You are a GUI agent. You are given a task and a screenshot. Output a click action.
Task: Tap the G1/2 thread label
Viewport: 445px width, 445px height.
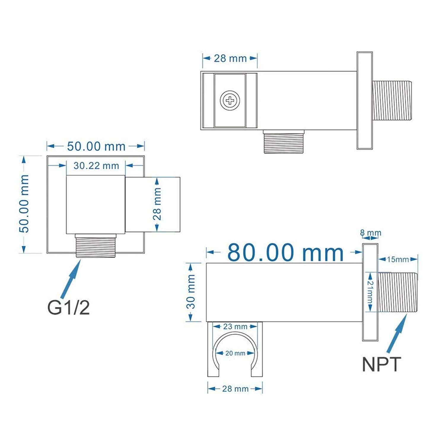coord(69,308)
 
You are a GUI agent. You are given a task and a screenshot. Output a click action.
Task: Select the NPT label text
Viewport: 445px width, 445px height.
coord(382,364)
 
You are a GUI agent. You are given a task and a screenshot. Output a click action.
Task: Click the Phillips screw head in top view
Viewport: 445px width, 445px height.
coord(230,101)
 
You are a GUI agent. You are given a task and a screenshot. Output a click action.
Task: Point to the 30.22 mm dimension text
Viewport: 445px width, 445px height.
coord(96,166)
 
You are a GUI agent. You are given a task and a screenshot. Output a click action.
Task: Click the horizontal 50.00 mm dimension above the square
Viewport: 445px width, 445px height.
coord(96,146)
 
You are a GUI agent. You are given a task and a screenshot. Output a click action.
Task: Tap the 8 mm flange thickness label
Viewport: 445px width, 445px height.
coord(371,233)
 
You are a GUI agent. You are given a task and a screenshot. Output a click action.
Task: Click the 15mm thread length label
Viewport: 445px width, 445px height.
coord(398,260)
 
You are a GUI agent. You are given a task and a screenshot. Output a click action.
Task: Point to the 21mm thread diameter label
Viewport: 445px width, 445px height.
coord(371,292)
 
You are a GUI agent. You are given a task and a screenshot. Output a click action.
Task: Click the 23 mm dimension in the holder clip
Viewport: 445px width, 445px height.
coord(235,327)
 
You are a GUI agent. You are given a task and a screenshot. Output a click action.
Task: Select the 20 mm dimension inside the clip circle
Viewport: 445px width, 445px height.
coord(235,353)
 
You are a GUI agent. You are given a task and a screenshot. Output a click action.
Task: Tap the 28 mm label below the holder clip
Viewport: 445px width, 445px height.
coord(235,389)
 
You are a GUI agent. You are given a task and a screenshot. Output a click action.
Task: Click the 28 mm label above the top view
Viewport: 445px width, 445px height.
coord(230,58)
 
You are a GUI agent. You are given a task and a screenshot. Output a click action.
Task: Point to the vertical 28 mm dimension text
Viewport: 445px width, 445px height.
coord(157,204)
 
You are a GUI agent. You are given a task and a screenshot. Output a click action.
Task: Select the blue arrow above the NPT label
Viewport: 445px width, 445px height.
coord(397,334)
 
